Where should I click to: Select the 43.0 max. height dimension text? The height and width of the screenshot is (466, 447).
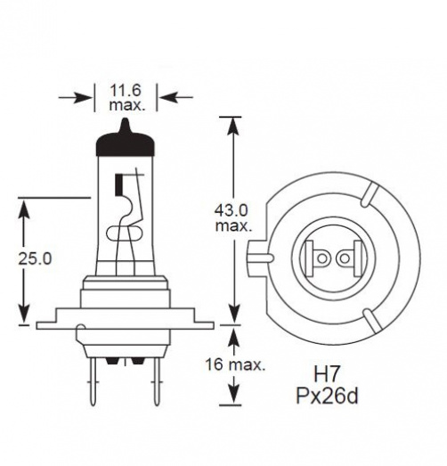[x=232, y=218]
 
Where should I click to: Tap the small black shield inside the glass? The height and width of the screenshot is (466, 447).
[x=118, y=188]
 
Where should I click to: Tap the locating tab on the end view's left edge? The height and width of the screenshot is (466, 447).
[x=259, y=259]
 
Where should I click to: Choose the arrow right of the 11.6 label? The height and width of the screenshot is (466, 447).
[x=175, y=96]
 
